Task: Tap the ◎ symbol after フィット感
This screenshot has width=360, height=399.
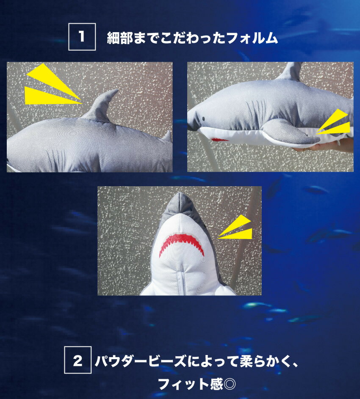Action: [230, 384]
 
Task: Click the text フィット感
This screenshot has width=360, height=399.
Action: [191, 384]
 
